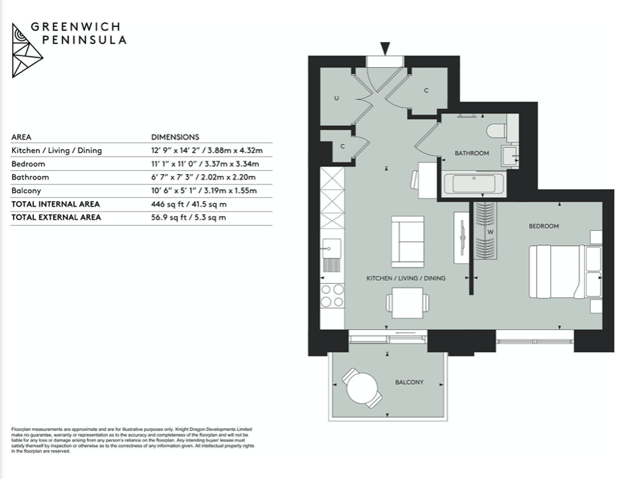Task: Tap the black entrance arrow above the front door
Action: click(385, 49)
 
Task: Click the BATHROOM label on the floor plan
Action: click(471, 153)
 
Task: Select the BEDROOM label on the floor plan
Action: click(543, 226)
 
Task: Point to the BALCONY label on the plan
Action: click(409, 382)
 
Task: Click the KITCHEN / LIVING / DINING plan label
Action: click(406, 278)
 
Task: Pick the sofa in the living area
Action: click(408, 241)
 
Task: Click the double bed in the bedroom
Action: click(556, 272)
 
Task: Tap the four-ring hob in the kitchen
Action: click(332, 295)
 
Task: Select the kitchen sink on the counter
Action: click(332, 251)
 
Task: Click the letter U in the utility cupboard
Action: click(336, 98)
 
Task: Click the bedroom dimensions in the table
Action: click(206, 164)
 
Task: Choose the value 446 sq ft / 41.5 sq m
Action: click(188, 204)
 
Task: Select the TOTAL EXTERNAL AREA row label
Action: click(56, 217)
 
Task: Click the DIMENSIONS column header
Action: click(175, 137)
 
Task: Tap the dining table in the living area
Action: click(406, 301)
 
